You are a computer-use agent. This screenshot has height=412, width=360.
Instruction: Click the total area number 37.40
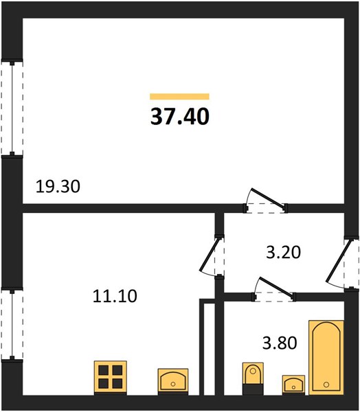coord(180,117)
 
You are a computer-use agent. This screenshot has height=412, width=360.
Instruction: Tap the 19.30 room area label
coord(58,187)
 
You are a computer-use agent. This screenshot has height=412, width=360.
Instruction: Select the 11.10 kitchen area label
coord(115,296)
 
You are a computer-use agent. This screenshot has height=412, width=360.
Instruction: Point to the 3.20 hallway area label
coord(283,252)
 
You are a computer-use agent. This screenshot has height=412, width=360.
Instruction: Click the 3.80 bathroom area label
coord(280,343)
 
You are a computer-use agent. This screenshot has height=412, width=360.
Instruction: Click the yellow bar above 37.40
coord(179,96)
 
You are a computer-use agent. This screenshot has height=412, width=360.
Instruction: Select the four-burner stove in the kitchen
coord(111,378)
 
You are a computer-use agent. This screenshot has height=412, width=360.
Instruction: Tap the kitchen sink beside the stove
coord(173,382)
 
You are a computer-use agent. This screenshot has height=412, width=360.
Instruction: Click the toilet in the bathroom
coord(253,378)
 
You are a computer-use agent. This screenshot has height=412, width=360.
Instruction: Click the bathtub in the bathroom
coord(326,357)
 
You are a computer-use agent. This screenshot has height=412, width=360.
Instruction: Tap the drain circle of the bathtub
coord(326,385)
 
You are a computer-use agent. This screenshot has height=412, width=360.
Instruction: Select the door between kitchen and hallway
coord(212,256)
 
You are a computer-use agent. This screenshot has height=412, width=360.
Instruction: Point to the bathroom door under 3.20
coord(273,289)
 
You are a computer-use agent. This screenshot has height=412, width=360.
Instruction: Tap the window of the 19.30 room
coord(12,108)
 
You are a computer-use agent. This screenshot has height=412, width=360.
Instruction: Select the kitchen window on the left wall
coord(12,325)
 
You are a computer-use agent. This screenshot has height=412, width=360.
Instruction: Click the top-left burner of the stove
coord(104,370)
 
